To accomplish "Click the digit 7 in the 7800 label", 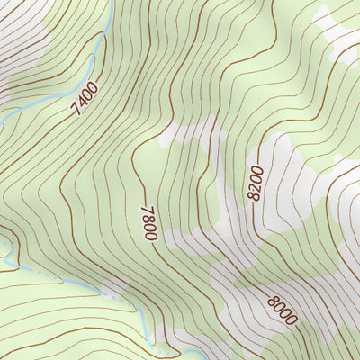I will point(147,208).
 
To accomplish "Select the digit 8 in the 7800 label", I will point(148,217).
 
